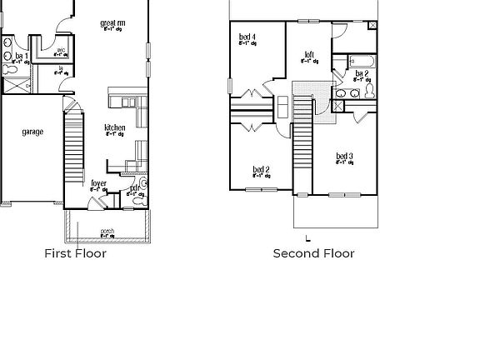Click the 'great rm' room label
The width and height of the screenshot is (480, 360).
pyautogui.click(x=112, y=23)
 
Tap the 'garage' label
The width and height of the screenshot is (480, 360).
pyautogui.click(x=32, y=132)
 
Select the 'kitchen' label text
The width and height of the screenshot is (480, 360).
pyautogui.click(x=115, y=127)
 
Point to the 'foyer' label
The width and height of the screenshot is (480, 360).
pyautogui.click(x=98, y=182)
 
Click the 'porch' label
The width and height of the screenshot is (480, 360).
pyautogui.click(x=107, y=231)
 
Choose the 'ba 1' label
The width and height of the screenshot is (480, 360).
pyautogui.click(x=22, y=56)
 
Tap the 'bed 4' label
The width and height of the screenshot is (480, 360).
pyautogui.click(x=247, y=37)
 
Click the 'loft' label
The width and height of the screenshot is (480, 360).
pyautogui.click(x=309, y=55)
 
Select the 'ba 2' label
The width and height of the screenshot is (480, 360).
pyautogui.click(x=362, y=73)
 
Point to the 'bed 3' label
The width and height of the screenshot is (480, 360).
pyautogui.click(x=344, y=157)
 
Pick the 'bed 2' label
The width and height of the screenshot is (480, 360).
pyautogui.click(x=261, y=170)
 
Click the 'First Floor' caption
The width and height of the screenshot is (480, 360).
pyautogui.click(x=75, y=253)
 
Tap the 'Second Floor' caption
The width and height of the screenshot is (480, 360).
pyautogui.click(x=313, y=253)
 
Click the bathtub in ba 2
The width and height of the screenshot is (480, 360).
pyautogui.click(x=362, y=61)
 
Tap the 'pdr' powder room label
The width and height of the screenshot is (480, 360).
pyautogui.click(x=134, y=189)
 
